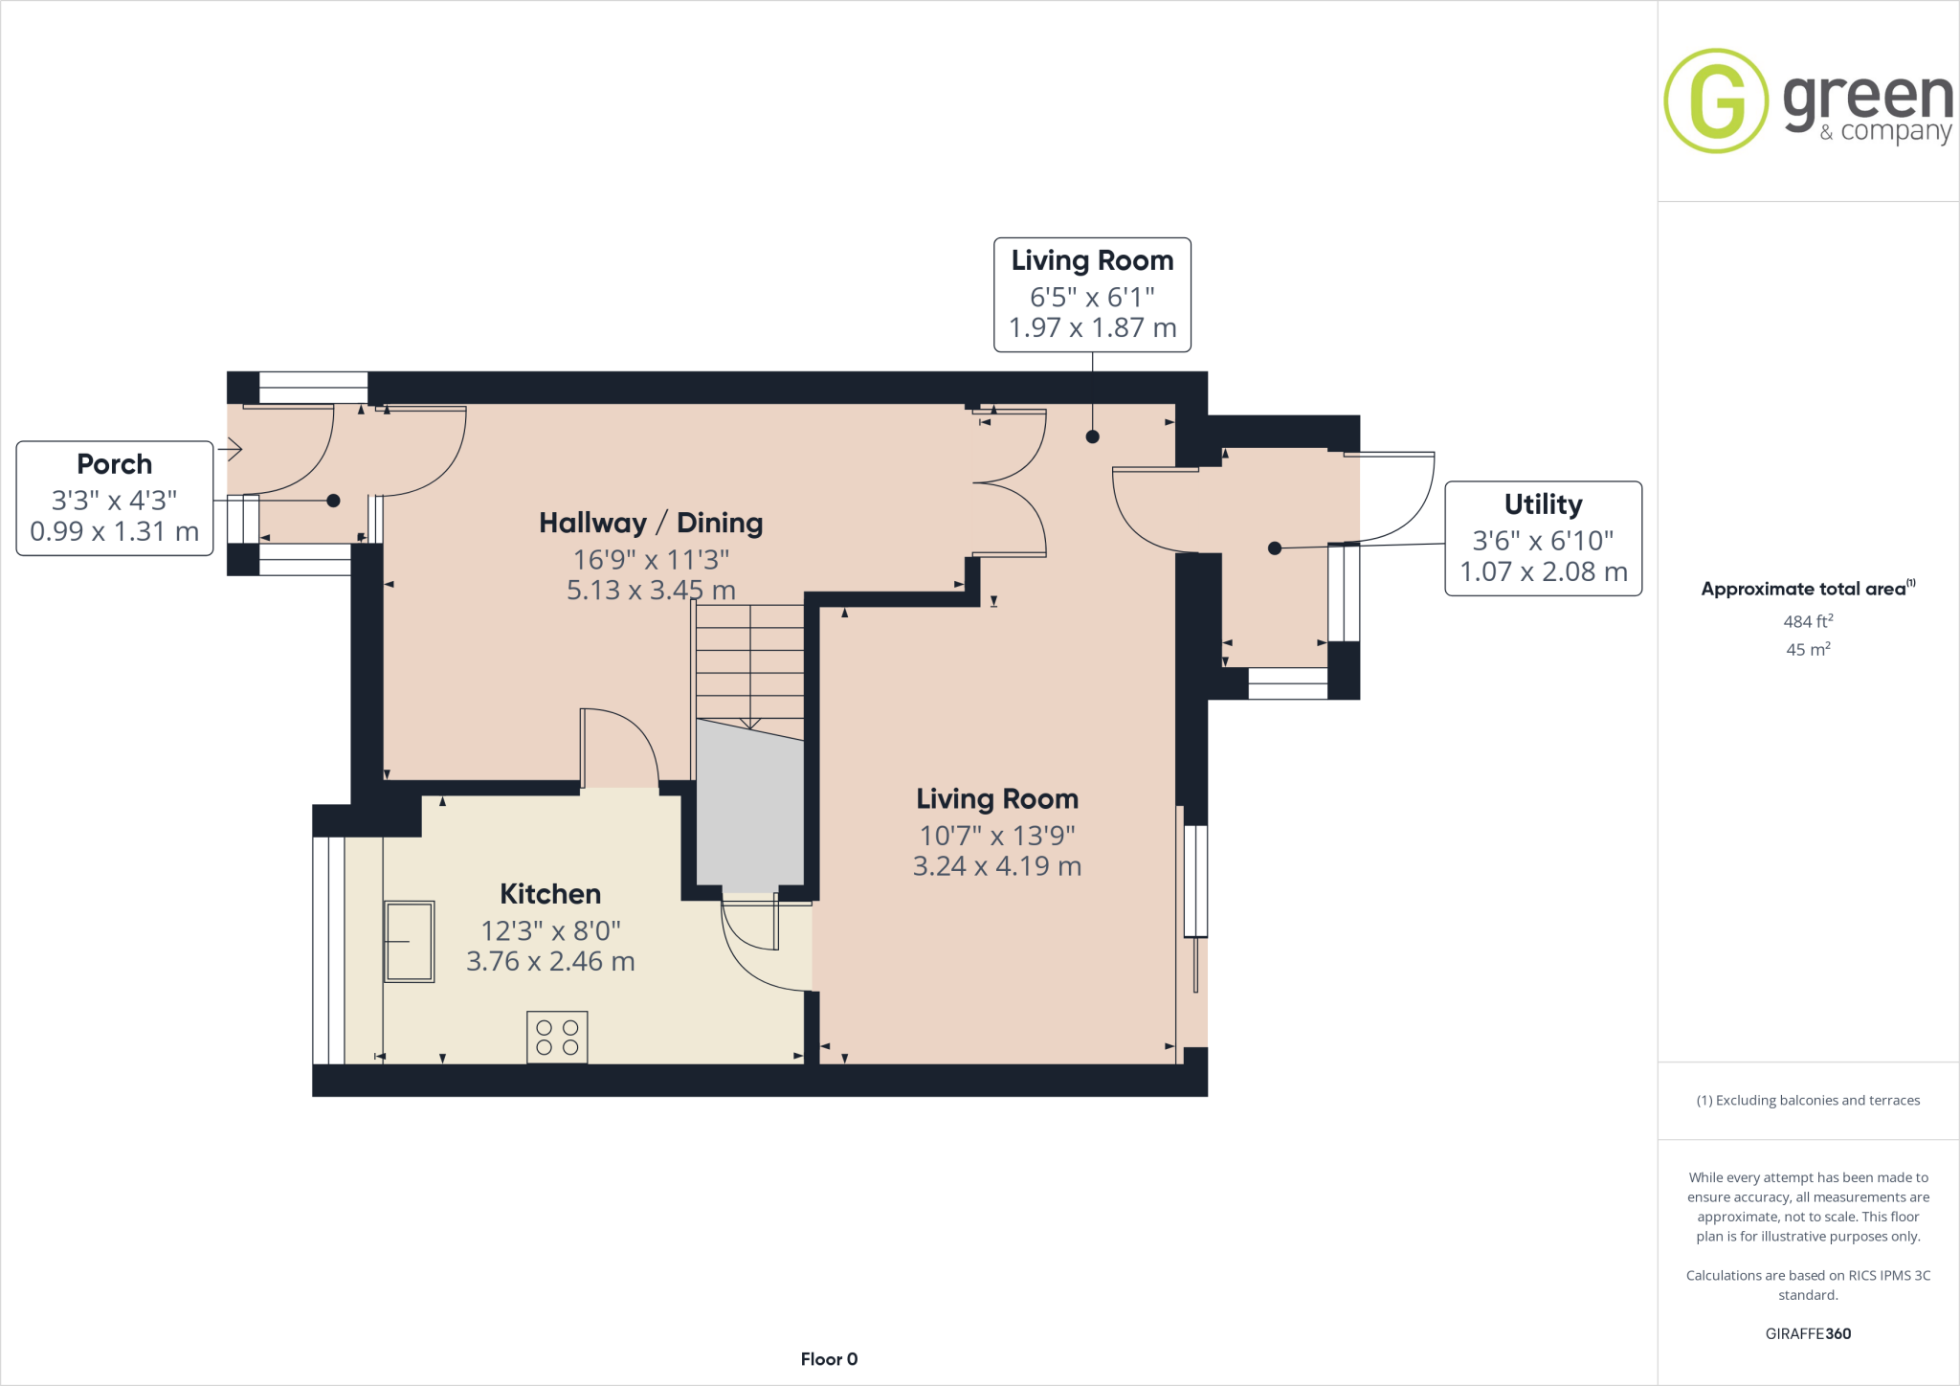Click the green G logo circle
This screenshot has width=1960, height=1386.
point(1716,101)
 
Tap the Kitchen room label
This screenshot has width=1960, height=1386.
point(550,894)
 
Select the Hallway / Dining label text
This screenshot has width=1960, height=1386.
point(651,523)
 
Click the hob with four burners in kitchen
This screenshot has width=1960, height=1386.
point(557,1038)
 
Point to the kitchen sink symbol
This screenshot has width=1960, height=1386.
point(410,941)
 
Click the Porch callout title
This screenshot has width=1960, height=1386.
point(115,464)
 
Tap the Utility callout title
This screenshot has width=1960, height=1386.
point(1543,504)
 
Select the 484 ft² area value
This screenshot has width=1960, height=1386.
point(1808,621)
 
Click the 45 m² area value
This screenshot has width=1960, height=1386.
point(1808,649)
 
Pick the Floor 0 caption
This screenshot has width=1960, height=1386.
point(829,1359)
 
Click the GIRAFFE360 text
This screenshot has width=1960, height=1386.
point(1808,1333)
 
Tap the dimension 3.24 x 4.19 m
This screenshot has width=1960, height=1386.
point(997,866)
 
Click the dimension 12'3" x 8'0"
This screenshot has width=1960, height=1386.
point(550,930)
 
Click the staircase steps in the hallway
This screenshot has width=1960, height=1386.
point(749,660)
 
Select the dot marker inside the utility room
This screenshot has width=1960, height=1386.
point(1275,548)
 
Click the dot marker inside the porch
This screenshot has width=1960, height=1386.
point(333,501)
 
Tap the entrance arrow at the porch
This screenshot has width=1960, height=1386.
point(231,448)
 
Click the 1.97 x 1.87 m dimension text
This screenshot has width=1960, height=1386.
point(1092,328)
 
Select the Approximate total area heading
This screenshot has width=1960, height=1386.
point(1804,589)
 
